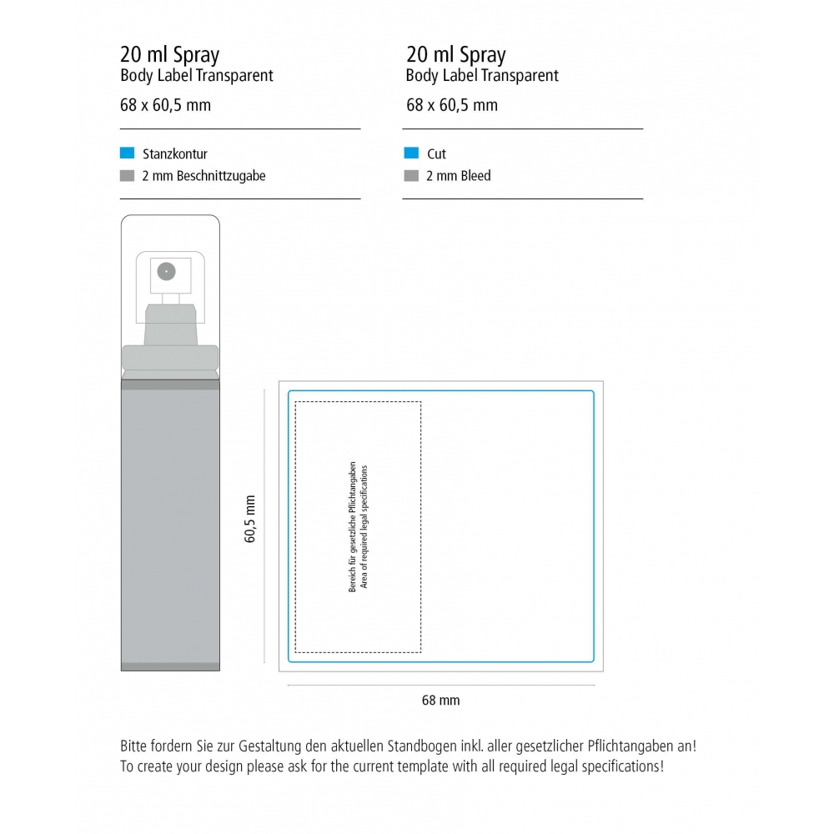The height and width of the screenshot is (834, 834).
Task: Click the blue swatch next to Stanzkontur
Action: (127, 153)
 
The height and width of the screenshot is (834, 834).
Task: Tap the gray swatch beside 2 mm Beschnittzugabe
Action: (127, 175)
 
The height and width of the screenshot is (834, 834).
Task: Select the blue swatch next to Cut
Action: (411, 153)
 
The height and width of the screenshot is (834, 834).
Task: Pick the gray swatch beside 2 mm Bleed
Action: (411, 175)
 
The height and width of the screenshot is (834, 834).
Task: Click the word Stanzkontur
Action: (175, 154)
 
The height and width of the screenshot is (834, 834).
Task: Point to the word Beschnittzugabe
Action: (221, 176)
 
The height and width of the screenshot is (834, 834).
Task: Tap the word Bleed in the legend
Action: (475, 176)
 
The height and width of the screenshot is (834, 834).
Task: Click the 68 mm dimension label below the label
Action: (441, 700)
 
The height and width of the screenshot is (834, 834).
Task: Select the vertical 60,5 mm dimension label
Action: (250, 519)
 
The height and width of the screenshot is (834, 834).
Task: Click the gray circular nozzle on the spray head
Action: (167, 271)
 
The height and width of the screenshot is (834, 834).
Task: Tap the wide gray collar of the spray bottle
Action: (170, 358)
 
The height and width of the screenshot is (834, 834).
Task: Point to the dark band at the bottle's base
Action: (170, 667)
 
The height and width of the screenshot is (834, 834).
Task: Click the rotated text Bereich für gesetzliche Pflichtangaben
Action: (352, 527)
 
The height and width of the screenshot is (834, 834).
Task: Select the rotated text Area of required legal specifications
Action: (364, 527)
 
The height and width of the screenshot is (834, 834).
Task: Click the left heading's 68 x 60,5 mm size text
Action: (165, 105)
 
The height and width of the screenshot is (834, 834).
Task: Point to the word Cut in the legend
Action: (437, 154)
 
